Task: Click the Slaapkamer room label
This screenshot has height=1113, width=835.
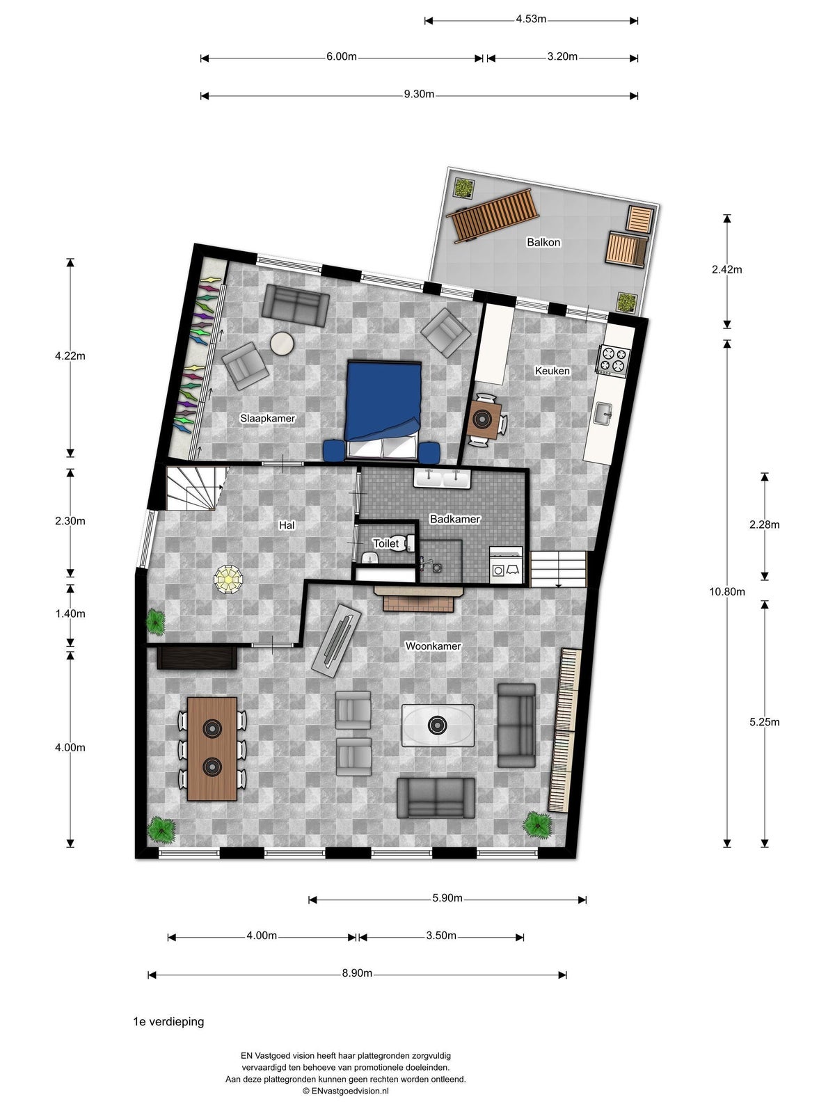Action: [x=267, y=418]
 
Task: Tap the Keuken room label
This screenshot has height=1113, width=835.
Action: [x=552, y=371]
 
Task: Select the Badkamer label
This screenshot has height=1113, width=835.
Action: [x=455, y=519]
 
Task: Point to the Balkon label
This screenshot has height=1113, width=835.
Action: [x=543, y=242]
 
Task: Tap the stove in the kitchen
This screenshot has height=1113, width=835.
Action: [x=614, y=360]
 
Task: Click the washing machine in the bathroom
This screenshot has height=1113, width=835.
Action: [x=506, y=565]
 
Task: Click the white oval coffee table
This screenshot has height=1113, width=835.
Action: [x=438, y=725]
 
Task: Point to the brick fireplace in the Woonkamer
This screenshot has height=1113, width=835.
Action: [x=418, y=600]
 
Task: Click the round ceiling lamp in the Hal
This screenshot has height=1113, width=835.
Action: [x=229, y=579]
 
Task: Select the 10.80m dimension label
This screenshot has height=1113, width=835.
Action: [x=727, y=591]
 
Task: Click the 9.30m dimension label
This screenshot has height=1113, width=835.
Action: [x=419, y=95]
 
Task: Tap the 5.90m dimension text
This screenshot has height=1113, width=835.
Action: [x=447, y=898]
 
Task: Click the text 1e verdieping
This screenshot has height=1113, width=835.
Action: [x=168, y=1022]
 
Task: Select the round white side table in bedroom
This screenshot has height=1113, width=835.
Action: [x=282, y=344]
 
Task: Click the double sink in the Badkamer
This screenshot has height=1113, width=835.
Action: [x=442, y=478]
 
